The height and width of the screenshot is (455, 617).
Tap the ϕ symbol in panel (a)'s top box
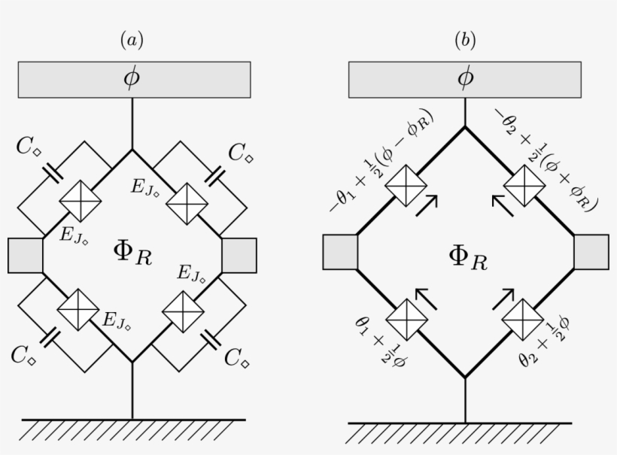(132, 78)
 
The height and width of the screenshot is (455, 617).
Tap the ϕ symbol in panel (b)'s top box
(465, 78)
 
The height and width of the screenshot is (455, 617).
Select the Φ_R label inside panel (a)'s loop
(132, 253)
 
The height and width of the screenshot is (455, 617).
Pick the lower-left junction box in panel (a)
(79, 308)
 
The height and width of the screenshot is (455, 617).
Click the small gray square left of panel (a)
(26, 255)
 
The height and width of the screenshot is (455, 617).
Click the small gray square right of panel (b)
(591, 252)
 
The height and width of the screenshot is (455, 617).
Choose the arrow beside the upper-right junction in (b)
(503, 204)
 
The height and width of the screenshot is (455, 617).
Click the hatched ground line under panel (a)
(132, 429)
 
